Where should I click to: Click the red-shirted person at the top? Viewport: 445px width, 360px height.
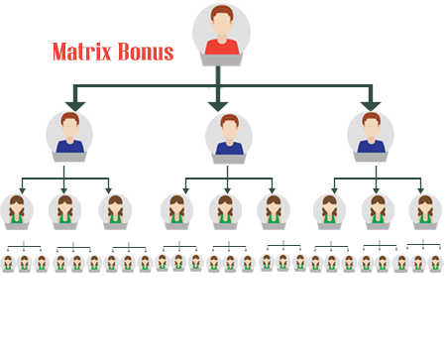click(x=221, y=34)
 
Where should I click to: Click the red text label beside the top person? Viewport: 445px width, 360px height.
click(x=112, y=53)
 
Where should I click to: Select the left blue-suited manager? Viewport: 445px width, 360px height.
click(x=69, y=136)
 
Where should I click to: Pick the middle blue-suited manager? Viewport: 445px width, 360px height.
click(x=229, y=138)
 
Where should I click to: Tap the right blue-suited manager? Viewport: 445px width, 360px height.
click(x=371, y=136)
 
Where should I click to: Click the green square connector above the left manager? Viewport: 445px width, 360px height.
click(x=75, y=96)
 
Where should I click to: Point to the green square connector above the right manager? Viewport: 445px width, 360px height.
click(x=370, y=96)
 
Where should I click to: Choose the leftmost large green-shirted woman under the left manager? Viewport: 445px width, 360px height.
click(x=17, y=211)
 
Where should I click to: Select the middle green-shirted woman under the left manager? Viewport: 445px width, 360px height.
click(x=65, y=211)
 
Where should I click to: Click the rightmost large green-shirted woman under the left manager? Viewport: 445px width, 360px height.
click(x=115, y=211)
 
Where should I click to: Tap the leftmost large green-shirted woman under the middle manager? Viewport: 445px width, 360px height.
click(x=177, y=211)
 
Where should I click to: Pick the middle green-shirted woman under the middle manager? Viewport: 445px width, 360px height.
click(x=226, y=211)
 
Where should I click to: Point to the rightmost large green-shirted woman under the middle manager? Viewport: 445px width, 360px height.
click(x=274, y=211)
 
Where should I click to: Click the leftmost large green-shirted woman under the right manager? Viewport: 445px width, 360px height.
click(x=330, y=211)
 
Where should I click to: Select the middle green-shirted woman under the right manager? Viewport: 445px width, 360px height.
click(x=378, y=211)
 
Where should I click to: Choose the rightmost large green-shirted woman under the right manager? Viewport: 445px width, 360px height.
click(x=425, y=211)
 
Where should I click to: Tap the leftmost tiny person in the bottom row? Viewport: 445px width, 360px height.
click(x=8, y=263)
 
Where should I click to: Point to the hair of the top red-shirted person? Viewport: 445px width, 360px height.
click(x=221, y=14)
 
